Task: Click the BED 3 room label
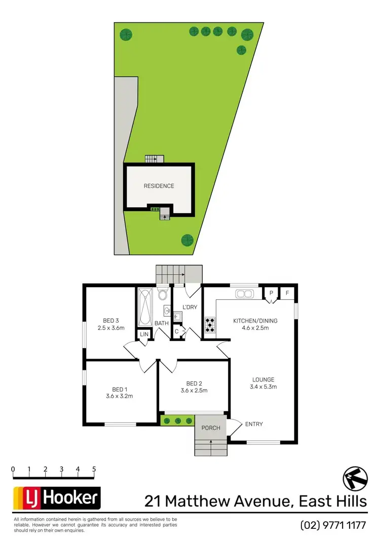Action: coord(111,320)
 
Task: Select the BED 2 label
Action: coord(194,383)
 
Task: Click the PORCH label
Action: coord(211,428)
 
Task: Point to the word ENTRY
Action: coord(254,424)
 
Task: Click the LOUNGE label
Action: coord(263,379)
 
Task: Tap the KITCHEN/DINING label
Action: coord(255,321)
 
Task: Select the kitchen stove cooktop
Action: coord(210,325)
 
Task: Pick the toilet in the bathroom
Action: coord(163,294)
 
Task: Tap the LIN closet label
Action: coord(143,335)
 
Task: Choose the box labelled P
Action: coord(272,293)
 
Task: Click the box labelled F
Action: coord(287,293)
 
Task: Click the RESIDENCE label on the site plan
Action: coord(159,186)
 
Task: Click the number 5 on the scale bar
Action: coord(94,469)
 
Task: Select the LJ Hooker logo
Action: coord(56,498)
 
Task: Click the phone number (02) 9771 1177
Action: coord(333,524)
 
